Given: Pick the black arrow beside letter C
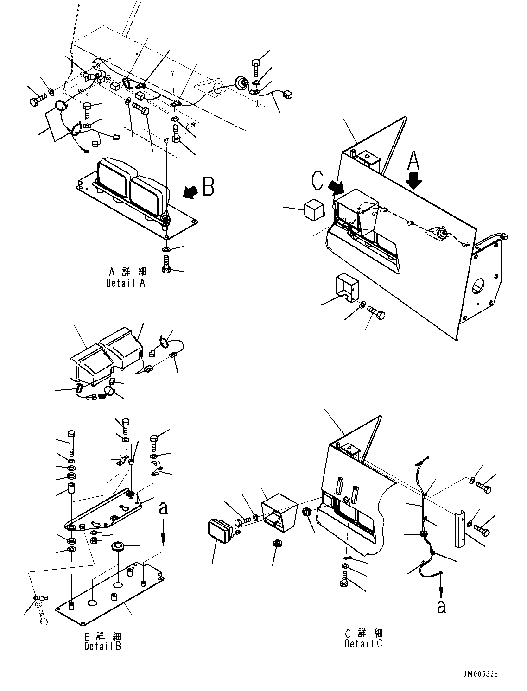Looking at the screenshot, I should click(337, 187).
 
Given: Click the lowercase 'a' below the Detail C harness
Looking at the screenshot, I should click(441, 606).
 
